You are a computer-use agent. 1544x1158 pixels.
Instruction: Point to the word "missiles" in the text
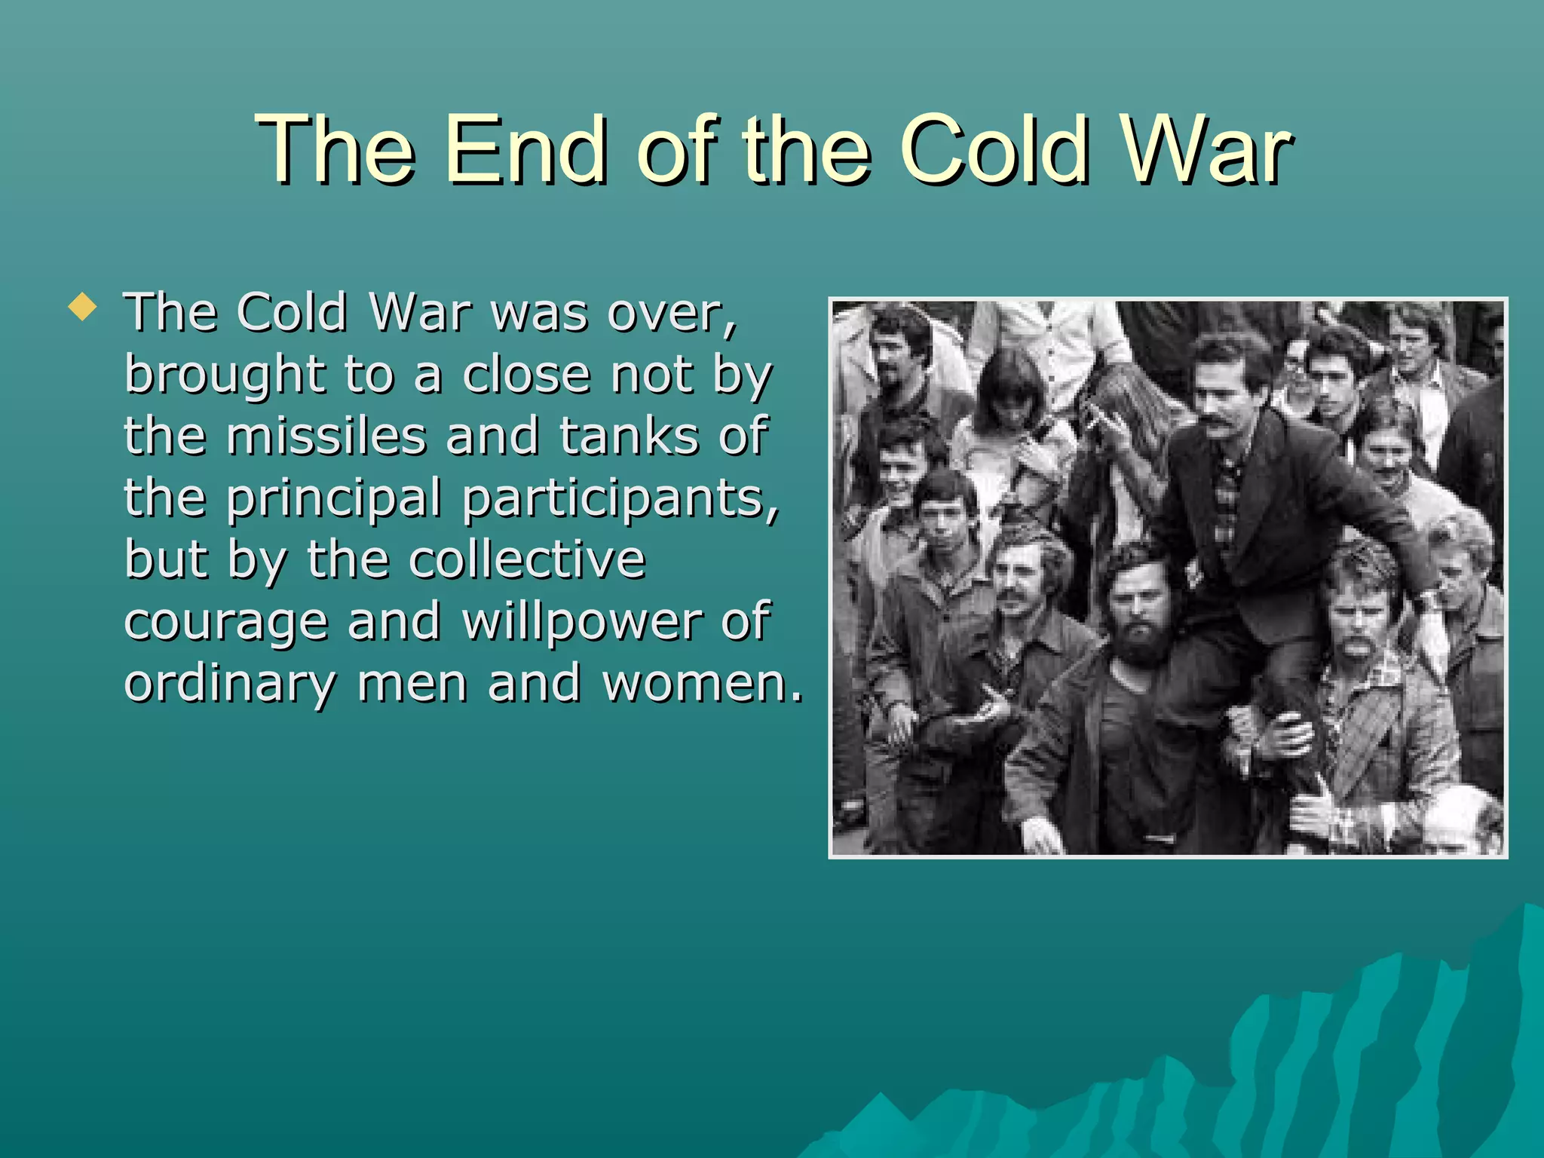(326, 437)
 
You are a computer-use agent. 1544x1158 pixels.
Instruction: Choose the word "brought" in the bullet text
(225, 375)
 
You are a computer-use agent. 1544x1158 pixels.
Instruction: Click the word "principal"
(333, 499)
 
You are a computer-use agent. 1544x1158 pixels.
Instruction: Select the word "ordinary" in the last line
(229, 685)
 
